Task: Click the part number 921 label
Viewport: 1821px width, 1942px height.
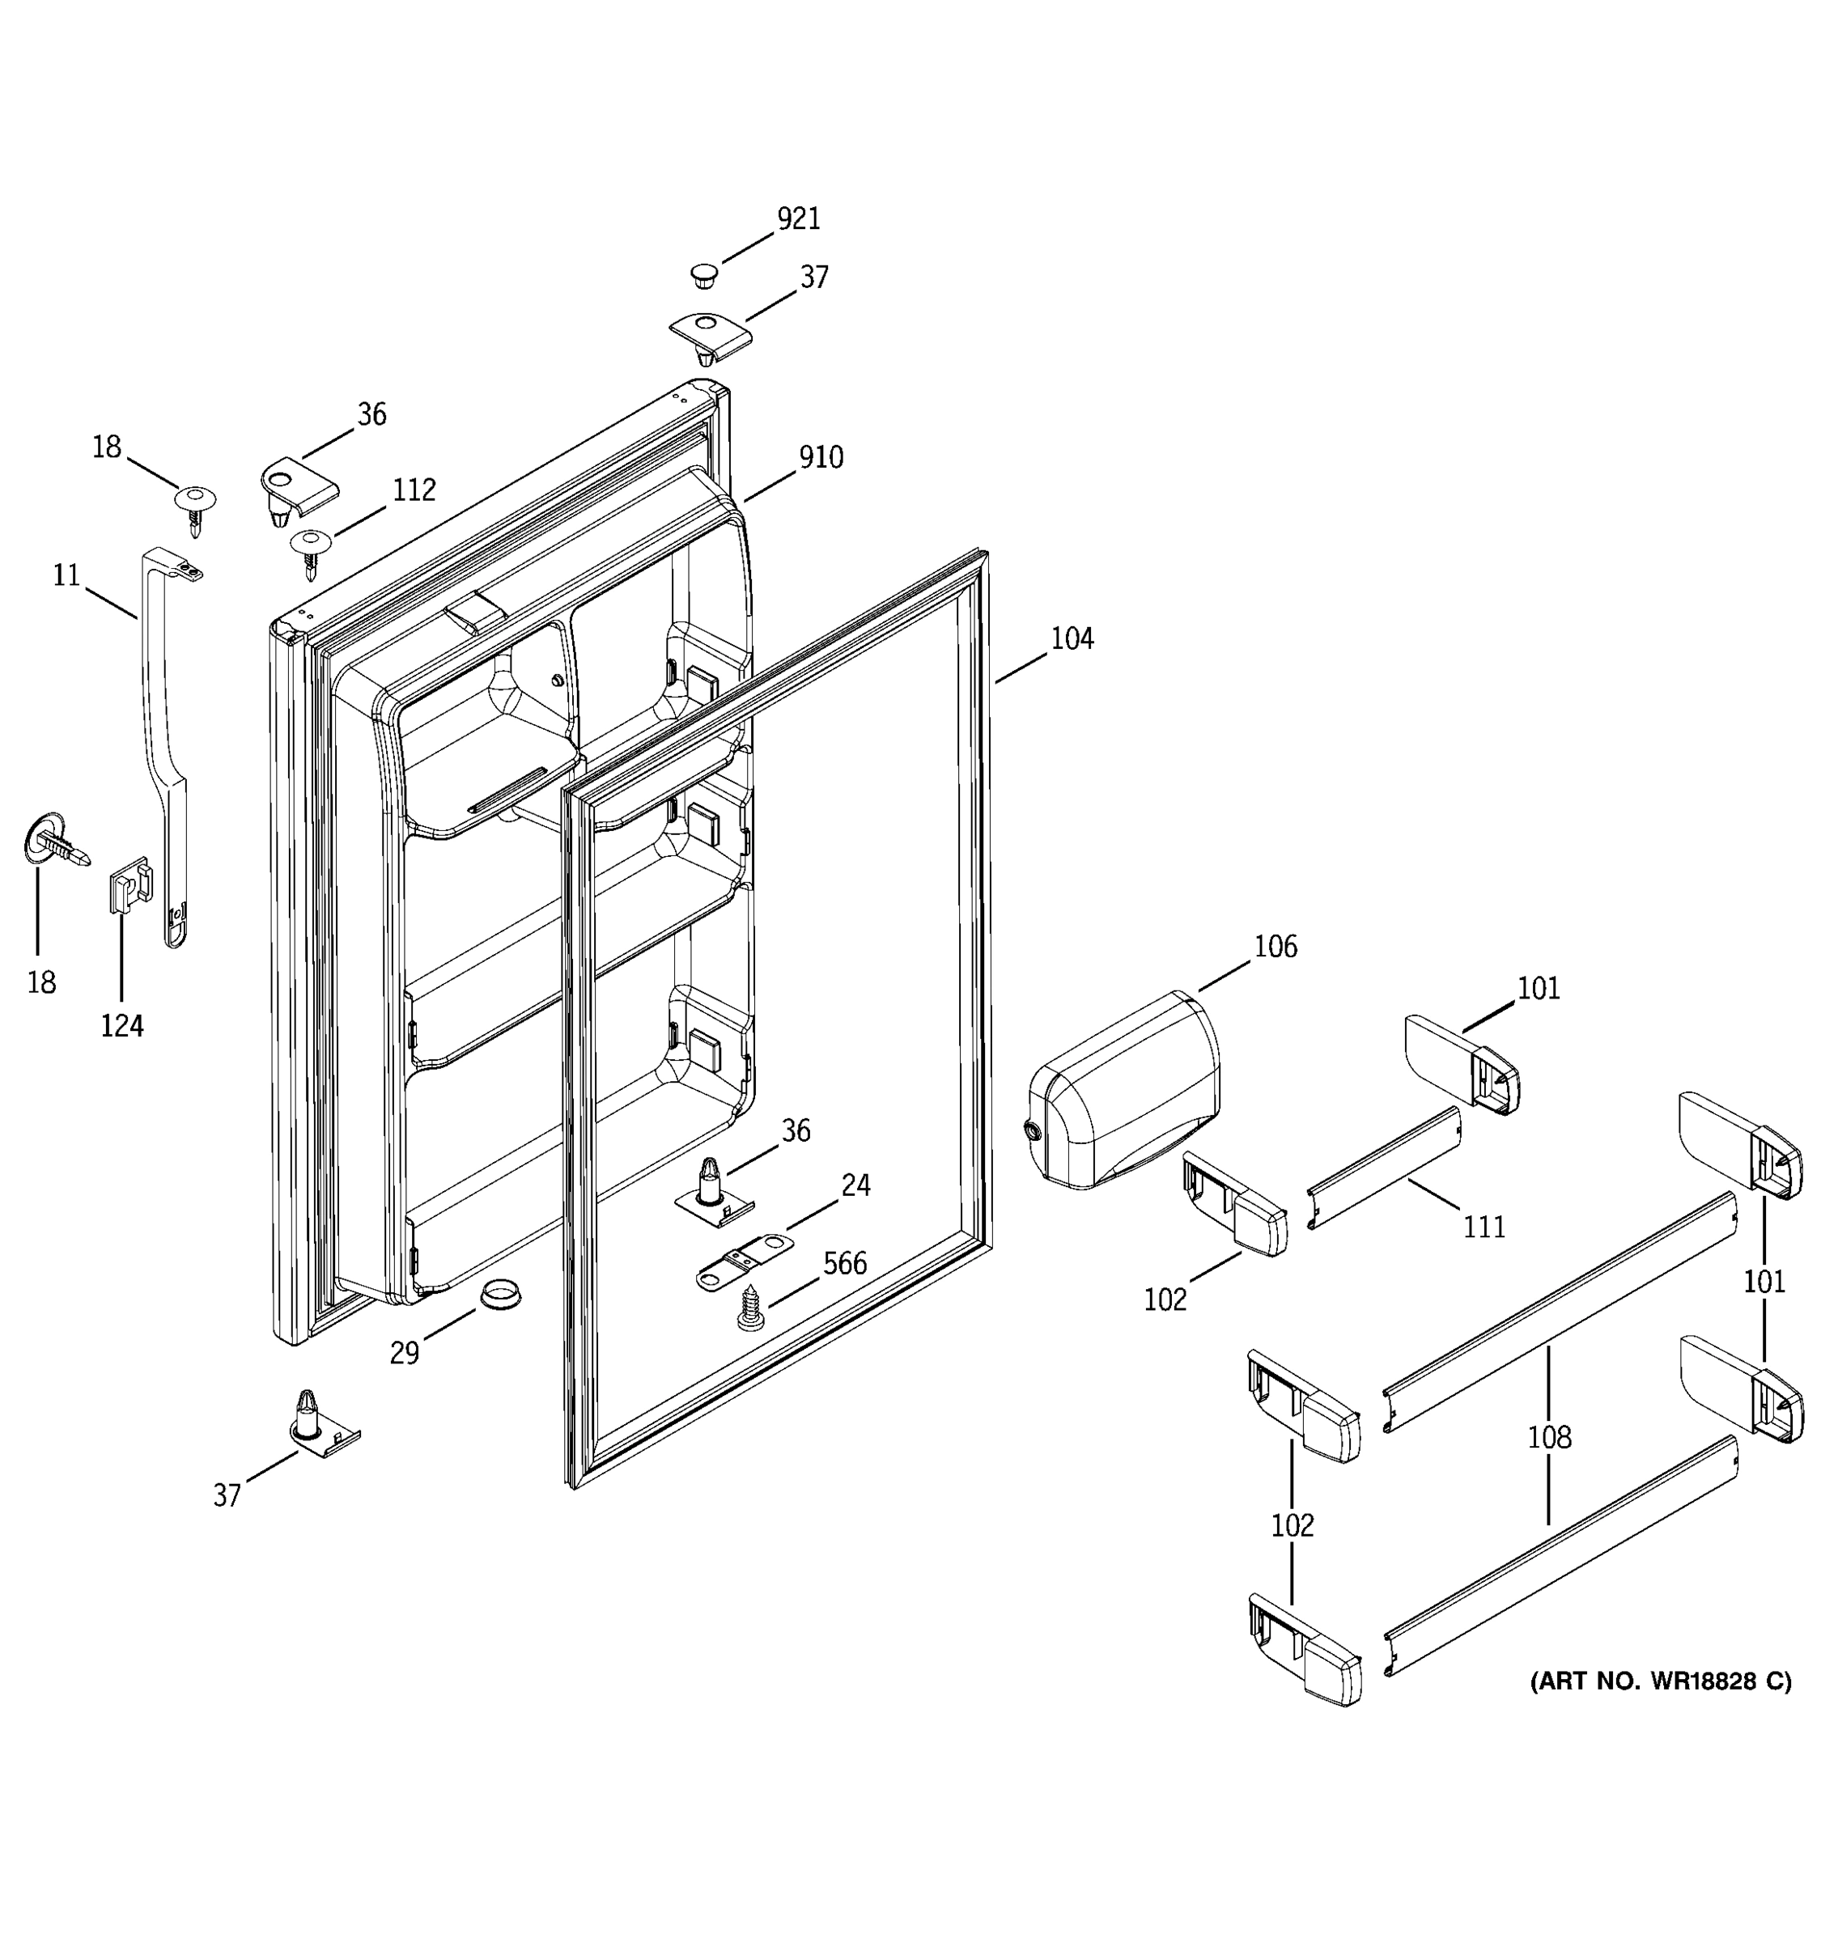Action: [798, 218]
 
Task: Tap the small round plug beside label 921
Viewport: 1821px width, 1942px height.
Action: [703, 274]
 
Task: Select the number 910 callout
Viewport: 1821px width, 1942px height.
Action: [821, 457]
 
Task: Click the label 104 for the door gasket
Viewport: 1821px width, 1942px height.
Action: [1072, 639]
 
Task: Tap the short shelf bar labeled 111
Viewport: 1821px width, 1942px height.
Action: [1383, 1168]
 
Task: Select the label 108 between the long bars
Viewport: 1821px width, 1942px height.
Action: [1549, 1438]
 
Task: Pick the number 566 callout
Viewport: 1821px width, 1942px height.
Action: [844, 1264]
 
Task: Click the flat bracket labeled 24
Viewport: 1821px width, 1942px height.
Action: [744, 1259]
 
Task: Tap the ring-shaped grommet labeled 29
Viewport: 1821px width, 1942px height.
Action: [499, 1296]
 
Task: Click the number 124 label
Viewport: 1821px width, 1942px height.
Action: [122, 1027]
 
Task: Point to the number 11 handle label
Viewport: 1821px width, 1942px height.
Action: [66, 576]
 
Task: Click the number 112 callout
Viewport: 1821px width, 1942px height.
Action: [414, 490]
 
